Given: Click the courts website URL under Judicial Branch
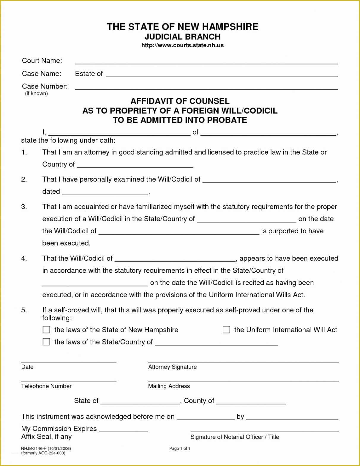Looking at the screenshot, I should (182, 45).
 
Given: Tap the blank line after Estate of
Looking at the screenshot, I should (222, 75).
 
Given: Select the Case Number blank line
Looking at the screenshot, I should (206, 87).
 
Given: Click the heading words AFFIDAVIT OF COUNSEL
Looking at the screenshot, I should (180, 101).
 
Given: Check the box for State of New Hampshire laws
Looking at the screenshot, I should (46, 330).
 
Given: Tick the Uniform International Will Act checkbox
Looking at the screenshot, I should (226, 330).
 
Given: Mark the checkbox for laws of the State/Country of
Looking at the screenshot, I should (46, 342).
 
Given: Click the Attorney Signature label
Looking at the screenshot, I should (172, 367).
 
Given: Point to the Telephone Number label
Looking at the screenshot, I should (46, 386).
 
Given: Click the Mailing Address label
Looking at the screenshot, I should (169, 386).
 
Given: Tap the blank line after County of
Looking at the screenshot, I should (251, 402).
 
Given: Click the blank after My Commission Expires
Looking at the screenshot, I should (123, 430).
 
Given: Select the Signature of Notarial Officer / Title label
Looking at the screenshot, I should (235, 437).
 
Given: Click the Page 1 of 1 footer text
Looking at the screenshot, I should (180, 448).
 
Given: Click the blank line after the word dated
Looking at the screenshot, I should (105, 193).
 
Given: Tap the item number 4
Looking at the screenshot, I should (24, 259).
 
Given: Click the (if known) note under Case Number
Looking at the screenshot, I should (36, 94).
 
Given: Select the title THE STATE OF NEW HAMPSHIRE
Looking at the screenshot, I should (182, 27).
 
